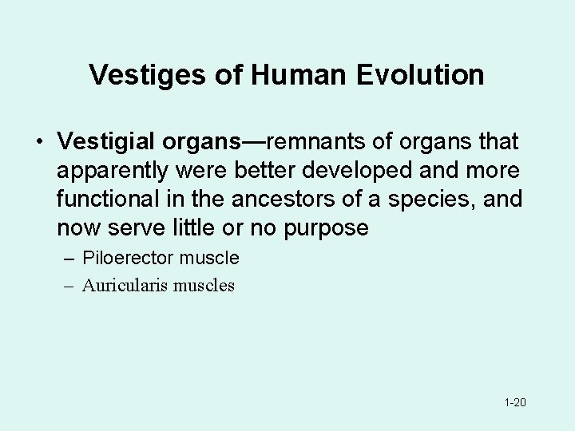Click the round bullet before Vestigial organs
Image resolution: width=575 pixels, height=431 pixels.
[x=38, y=143]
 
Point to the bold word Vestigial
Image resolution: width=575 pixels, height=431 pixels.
[x=107, y=142]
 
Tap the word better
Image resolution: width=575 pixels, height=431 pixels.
[x=264, y=171]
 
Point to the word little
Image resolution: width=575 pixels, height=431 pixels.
[x=196, y=228]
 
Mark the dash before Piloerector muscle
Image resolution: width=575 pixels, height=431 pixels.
[x=68, y=258]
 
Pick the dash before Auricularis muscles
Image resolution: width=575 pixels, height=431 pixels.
[x=68, y=285]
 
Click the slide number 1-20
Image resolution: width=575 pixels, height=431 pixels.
[x=515, y=402]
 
